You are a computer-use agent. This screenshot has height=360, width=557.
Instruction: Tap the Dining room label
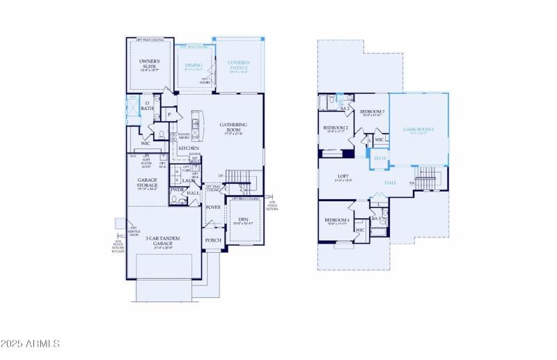coord(194,65)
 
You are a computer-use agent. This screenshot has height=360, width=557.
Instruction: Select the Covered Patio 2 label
coord(238,66)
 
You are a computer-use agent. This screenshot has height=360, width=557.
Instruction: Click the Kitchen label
coord(188,148)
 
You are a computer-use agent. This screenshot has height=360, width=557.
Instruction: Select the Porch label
coord(213,240)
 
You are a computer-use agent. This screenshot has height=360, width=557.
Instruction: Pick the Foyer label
coord(213,207)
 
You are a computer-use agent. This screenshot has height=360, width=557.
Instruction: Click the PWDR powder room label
coord(178,189)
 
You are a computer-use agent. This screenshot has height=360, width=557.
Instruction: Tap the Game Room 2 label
coord(418,130)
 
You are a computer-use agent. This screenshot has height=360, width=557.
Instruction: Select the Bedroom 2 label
coord(336,128)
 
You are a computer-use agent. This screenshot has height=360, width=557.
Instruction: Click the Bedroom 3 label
coord(372,112)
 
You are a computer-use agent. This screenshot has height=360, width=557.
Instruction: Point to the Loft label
coord(343,177)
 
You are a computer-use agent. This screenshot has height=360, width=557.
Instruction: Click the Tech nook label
coord(379,159)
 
